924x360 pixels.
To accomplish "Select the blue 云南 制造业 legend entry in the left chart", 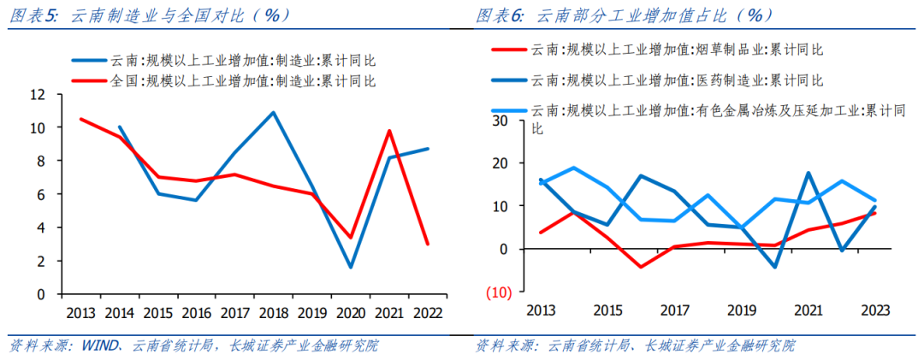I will pyautogui.click(x=223, y=61).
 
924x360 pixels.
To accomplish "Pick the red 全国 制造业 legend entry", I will pyautogui.click(x=223, y=81).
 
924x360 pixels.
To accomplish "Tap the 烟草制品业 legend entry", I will pyautogui.click(x=659, y=51).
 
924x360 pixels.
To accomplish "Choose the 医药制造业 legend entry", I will pyautogui.click(x=659, y=80).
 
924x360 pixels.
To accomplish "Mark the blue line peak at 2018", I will pyautogui.click(x=273, y=112).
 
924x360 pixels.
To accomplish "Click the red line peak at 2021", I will pyautogui.click(x=389, y=131).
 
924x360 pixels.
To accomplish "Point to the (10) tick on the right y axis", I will pyautogui.click(x=497, y=292).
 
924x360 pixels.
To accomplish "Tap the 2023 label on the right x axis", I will pyautogui.click(x=874, y=310).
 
